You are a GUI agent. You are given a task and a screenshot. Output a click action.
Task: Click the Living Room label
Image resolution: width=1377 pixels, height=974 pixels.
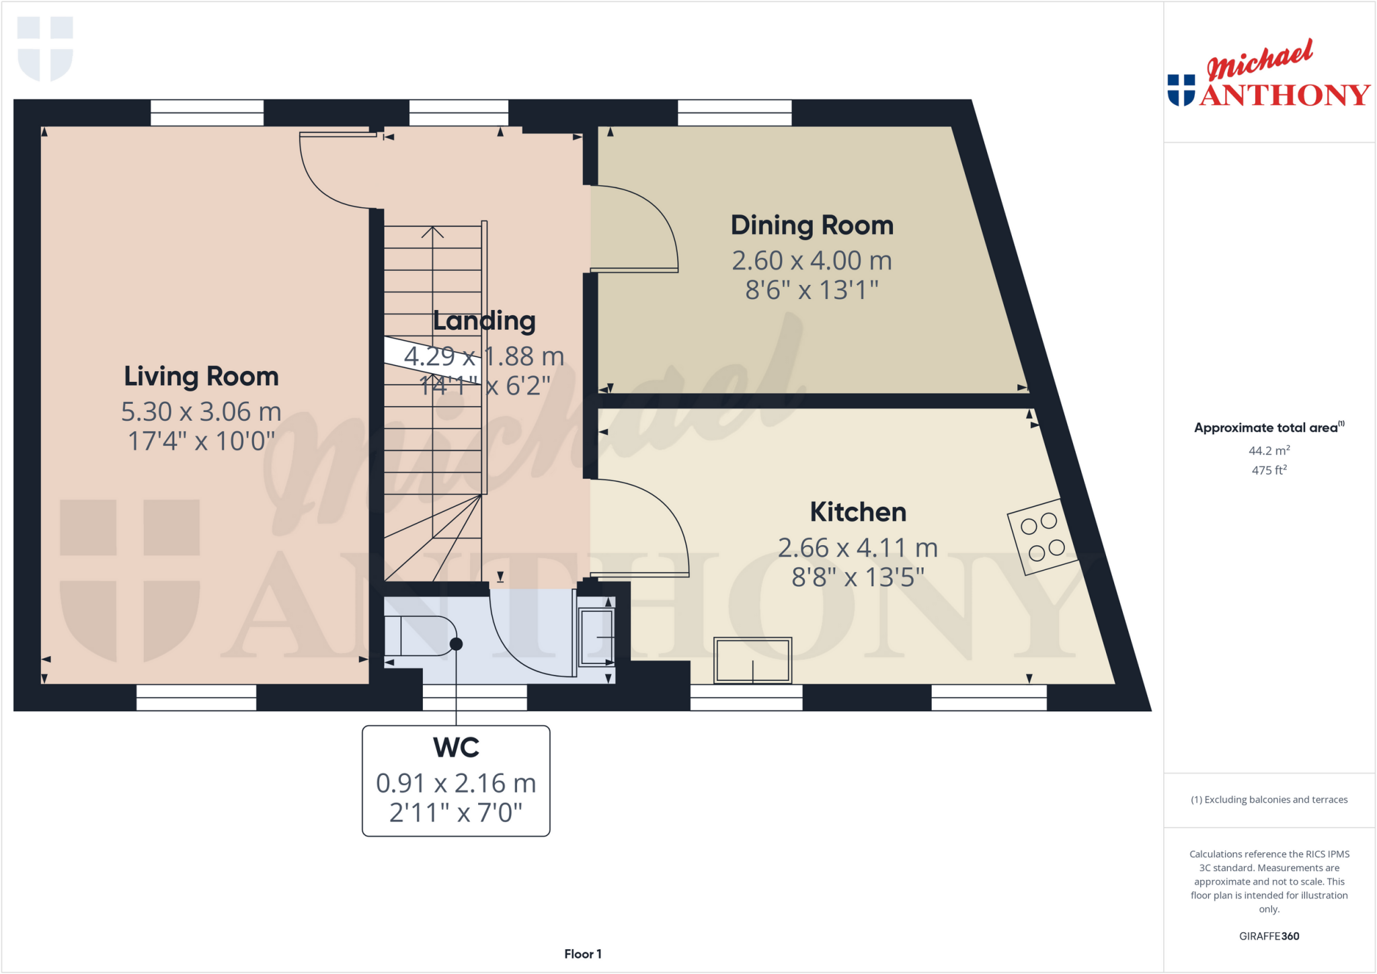coord(201,376)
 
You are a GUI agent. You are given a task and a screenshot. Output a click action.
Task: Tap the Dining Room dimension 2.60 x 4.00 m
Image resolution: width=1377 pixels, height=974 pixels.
coord(812,261)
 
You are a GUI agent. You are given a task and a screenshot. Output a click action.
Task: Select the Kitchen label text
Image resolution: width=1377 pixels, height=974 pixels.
coord(858,512)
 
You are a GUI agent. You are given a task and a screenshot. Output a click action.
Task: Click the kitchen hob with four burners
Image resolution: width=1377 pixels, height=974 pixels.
coord(1042,537)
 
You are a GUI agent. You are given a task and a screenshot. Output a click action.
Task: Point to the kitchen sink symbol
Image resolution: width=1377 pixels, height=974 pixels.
coord(752,660)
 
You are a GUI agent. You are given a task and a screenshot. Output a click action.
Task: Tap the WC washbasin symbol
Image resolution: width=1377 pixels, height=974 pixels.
coord(596,637)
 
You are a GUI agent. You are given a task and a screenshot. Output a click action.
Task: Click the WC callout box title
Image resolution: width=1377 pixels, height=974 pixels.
coord(456,747)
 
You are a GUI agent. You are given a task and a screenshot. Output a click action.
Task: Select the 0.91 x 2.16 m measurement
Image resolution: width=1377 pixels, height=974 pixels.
coord(456,783)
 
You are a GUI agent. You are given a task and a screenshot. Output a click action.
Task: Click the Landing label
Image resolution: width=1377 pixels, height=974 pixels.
coord(484,321)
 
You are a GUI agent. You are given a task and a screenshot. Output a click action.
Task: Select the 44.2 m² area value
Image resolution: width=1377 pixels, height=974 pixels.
coord(1269,451)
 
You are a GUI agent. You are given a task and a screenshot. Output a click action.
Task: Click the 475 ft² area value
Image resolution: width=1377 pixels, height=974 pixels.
coord(1269,471)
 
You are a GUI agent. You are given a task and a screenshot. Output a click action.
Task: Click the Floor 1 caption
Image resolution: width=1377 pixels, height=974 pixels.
coord(582,954)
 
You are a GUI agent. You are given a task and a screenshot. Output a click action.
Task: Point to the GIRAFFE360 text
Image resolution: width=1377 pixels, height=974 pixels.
coord(1269,936)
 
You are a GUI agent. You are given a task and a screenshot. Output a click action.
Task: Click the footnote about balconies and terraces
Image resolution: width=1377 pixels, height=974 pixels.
coord(1269,800)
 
